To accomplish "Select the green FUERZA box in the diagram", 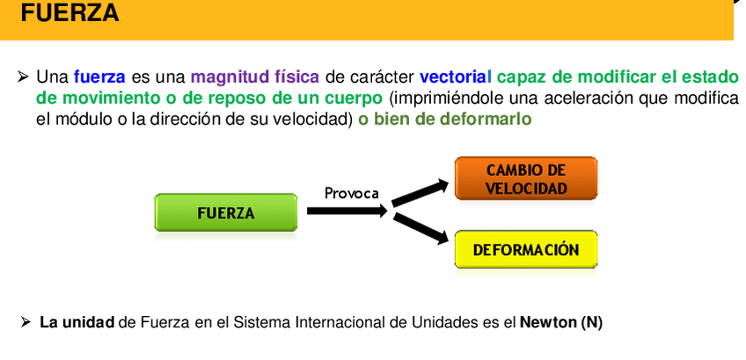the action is click(x=225, y=213).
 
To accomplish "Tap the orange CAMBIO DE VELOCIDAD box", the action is click(x=525, y=179).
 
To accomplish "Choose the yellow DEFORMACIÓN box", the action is click(x=525, y=250).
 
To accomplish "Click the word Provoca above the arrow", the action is click(x=351, y=193).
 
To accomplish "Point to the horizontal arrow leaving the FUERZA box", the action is click(x=346, y=211).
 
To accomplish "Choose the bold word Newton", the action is click(x=548, y=322).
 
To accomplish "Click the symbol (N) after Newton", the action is click(x=591, y=322).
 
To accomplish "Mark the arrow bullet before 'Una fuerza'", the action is click(x=24, y=77).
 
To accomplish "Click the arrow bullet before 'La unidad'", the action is click(x=26, y=322).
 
